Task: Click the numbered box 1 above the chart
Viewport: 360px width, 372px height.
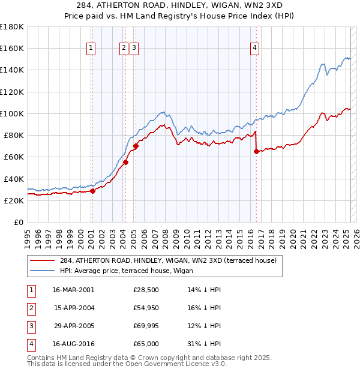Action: (x=91, y=49)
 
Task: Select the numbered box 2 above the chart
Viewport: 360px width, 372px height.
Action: (x=124, y=49)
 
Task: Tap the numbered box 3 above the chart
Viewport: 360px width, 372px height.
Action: (x=133, y=49)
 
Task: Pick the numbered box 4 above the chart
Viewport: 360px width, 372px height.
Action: (x=255, y=49)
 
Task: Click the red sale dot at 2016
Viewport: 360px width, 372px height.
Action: (x=257, y=152)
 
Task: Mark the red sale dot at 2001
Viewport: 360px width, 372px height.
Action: (x=93, y=191)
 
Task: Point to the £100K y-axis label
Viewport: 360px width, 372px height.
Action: (x=12, y=113)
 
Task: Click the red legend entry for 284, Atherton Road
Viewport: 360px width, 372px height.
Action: (x=168, y=261)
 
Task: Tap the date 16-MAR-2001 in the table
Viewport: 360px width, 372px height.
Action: (x=73, y=290)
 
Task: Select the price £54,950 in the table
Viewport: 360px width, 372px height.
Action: (x=146, y=308)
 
